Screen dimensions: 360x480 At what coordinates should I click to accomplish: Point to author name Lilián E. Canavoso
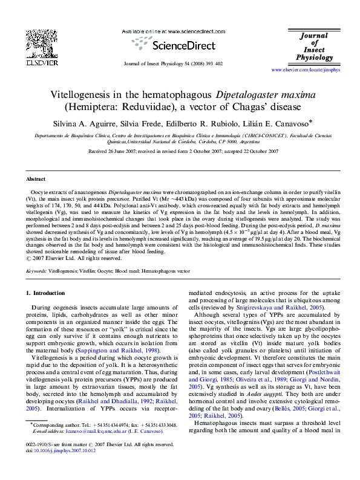click(x=279, y=122)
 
